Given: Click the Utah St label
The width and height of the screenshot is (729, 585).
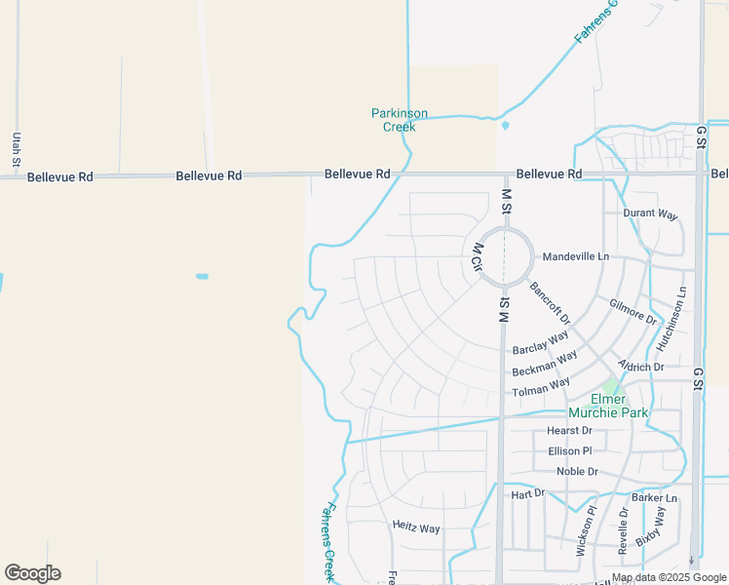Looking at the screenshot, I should [x=17, y=147].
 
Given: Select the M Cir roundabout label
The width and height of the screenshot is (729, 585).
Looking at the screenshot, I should [x=479, y=260].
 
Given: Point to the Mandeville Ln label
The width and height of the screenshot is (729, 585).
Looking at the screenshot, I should [x=575, y=256].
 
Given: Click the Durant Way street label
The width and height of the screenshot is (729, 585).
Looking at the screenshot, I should [x=650, y=214].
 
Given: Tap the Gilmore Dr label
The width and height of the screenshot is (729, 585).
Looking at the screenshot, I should [x=633, y=311].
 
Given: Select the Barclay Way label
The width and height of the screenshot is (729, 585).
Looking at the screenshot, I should [x=541, y=344].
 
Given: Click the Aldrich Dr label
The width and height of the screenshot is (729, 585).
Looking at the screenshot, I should [x=641, y=367].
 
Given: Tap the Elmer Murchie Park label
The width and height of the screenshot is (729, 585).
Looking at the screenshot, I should [x=621, y=406].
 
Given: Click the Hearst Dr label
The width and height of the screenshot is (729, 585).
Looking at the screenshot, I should [x=569, y=430].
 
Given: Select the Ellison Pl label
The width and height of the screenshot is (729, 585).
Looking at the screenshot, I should [x=570, y=450].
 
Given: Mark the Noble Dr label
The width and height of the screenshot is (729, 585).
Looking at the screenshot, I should [x=577, y=472].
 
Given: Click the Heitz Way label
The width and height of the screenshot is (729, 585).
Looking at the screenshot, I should [x=416, y=527].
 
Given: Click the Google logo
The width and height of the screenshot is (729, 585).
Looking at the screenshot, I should [x=32, y=573].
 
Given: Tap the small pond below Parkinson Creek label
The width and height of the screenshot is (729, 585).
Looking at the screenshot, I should [x=505, y=126].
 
